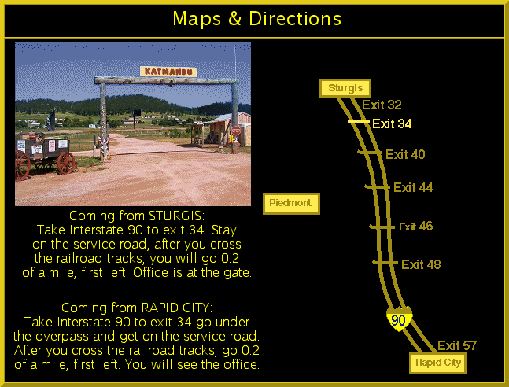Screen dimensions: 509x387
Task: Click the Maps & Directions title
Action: tap(256, 19)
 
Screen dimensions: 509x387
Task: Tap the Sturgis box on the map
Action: tap(345, 88)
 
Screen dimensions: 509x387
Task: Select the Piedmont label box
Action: tap(291, 204)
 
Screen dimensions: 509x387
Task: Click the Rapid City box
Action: tap(438, 363)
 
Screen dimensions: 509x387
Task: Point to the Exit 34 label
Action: tap(392, 123)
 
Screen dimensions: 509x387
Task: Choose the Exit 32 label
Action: tap(382, 105)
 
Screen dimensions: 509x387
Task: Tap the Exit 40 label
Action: tap(405, 154)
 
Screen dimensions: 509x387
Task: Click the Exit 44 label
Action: tap(413, 187)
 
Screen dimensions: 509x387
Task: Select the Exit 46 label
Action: tap(416, 227)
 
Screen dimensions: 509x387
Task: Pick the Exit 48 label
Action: tap(421, 264)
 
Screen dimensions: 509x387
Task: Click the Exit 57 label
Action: tap(457, 345)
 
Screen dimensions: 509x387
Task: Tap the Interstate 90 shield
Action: tap(399, 319)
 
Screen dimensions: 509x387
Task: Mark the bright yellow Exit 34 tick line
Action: tap(359, 122)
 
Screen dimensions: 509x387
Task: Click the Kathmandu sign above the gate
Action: tap(168, 72)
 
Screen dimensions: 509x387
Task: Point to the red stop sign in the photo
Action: tap(236, 131)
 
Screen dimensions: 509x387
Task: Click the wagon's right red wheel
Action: tap(66, 163)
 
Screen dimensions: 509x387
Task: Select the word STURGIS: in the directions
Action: tap(176, 216)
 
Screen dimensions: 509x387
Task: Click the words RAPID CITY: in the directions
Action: tap(176, 308)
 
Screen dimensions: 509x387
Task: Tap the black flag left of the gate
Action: tap(51, 120)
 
